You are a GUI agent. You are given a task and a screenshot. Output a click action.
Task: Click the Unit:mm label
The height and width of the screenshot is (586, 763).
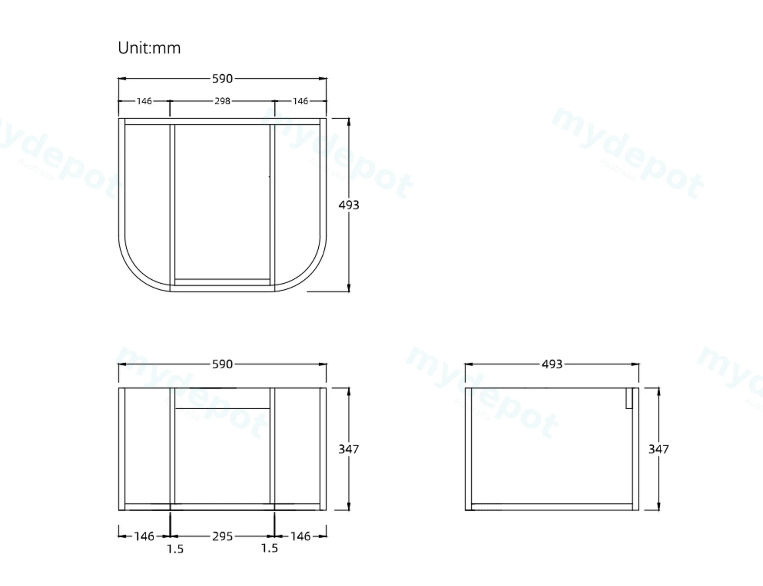(x=149, y=48)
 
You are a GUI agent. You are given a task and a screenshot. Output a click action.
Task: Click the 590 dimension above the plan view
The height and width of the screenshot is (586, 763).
(x=222, y=79)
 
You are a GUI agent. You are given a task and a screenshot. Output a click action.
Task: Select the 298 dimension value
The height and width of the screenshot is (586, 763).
(x=222, y=101)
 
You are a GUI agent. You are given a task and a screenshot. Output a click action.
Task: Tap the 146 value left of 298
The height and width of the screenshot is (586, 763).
(x=144, y=101)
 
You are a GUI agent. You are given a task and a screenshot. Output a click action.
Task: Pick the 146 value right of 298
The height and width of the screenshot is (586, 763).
(x=300, y=101)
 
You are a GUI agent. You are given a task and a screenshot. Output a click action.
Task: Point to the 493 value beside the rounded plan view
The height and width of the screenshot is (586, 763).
(x=349, y=205)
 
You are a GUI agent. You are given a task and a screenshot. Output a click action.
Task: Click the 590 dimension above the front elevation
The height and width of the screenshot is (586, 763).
(x=222, y=364)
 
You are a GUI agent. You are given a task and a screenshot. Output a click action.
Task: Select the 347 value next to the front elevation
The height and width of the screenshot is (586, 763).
(x=349, y=449)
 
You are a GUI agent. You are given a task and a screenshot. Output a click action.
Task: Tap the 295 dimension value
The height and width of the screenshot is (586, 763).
(x=222, y=536)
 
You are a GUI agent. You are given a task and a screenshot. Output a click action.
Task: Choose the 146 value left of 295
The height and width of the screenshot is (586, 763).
(x=144, y=536)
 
